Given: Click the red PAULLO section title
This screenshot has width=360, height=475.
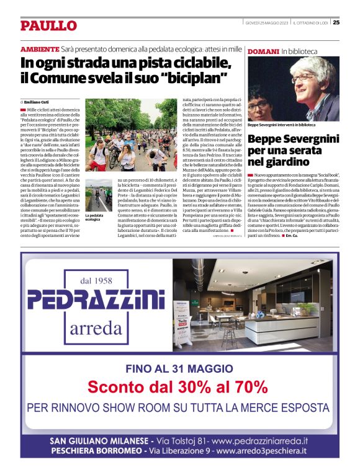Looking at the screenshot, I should coord(49,25).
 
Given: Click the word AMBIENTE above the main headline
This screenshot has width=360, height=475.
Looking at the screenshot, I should coord(40,49).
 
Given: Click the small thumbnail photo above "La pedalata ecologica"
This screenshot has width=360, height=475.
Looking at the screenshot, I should coord(99,195).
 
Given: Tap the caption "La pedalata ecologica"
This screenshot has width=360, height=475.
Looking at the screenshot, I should coord(95,217).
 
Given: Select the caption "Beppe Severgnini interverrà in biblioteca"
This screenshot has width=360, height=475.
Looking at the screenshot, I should coord(281,125).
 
